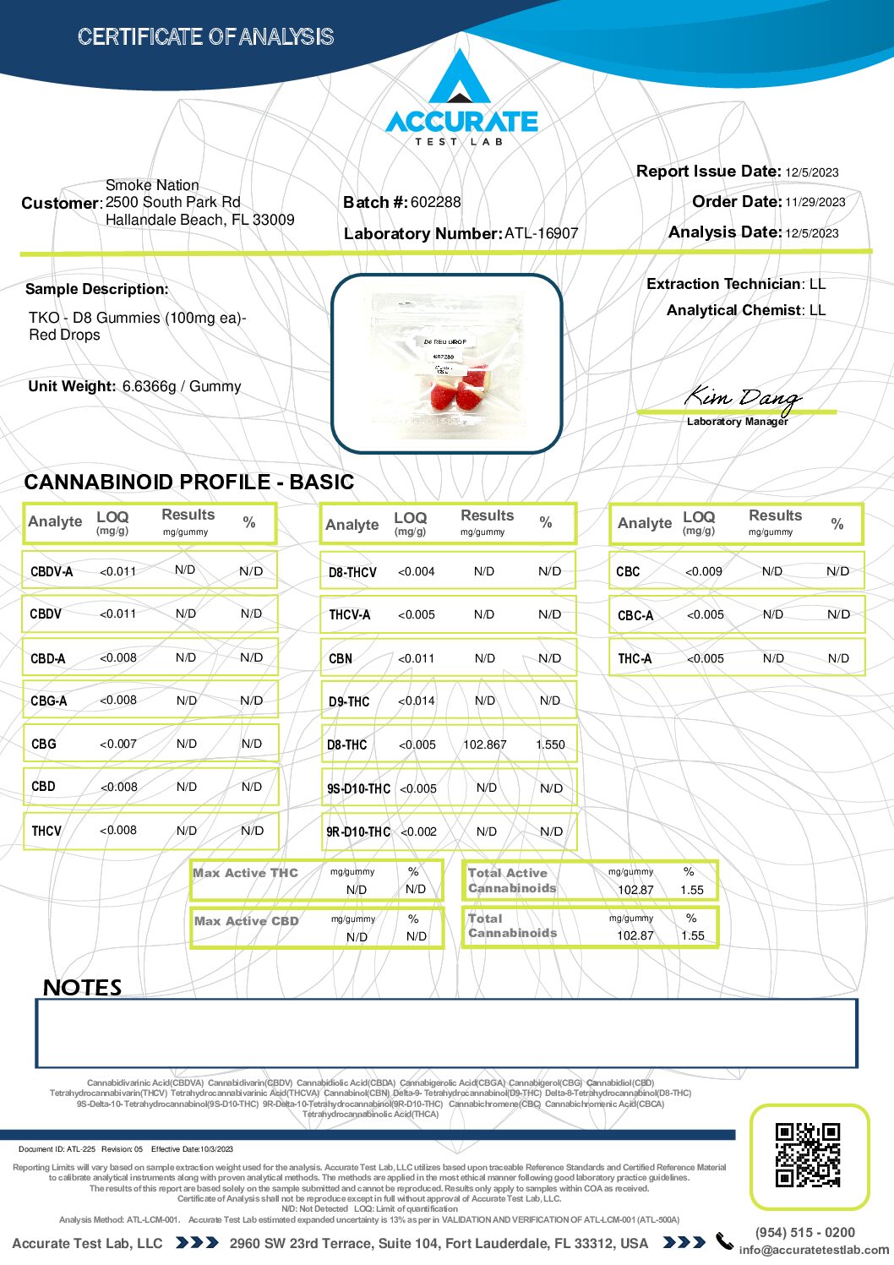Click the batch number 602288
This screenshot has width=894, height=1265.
coord(436,202)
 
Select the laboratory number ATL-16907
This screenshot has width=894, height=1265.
coord(542,233)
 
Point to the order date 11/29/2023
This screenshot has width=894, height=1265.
coord(815,202)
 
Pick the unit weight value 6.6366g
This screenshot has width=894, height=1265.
coord(149,386)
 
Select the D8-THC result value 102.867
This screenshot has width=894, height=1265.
coord(485,744)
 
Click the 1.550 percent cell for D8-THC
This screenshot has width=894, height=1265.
coord(550,744)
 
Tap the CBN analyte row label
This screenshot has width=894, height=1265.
coord(341,658)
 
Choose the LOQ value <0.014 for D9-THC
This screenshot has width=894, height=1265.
coord(417,701)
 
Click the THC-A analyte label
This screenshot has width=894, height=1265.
coord(635,658)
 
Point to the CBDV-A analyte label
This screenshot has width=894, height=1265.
coord(52,571)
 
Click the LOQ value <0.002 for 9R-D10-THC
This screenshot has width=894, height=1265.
coord(418,832)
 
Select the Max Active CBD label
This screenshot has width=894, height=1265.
coord(247,921)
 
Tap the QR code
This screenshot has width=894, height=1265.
coord(808,1154)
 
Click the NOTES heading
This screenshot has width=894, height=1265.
coord(83,987)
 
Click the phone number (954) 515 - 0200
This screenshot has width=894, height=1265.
coord(804,1232)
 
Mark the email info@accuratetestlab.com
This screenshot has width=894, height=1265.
coord(814,1250)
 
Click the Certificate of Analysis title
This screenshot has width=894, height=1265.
coord(205,36)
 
